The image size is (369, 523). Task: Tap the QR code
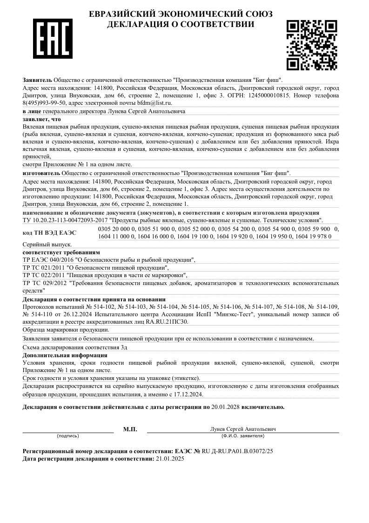point(311,45)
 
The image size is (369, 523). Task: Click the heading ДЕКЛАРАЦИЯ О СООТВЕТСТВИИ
point(181,24)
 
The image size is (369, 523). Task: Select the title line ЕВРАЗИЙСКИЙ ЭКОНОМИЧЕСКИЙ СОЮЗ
point(181,14)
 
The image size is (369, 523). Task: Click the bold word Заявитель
point(37,80)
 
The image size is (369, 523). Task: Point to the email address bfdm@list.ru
point(154,103)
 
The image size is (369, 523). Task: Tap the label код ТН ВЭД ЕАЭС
point(49,232)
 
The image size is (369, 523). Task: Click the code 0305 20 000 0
point(116,229)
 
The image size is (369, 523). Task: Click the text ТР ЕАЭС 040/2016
point(45,260)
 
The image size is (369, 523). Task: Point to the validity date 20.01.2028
point(226,407)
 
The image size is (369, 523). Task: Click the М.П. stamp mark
point(130,429)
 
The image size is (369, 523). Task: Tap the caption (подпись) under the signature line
point(68,436)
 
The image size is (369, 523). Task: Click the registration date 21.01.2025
point(170,459)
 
